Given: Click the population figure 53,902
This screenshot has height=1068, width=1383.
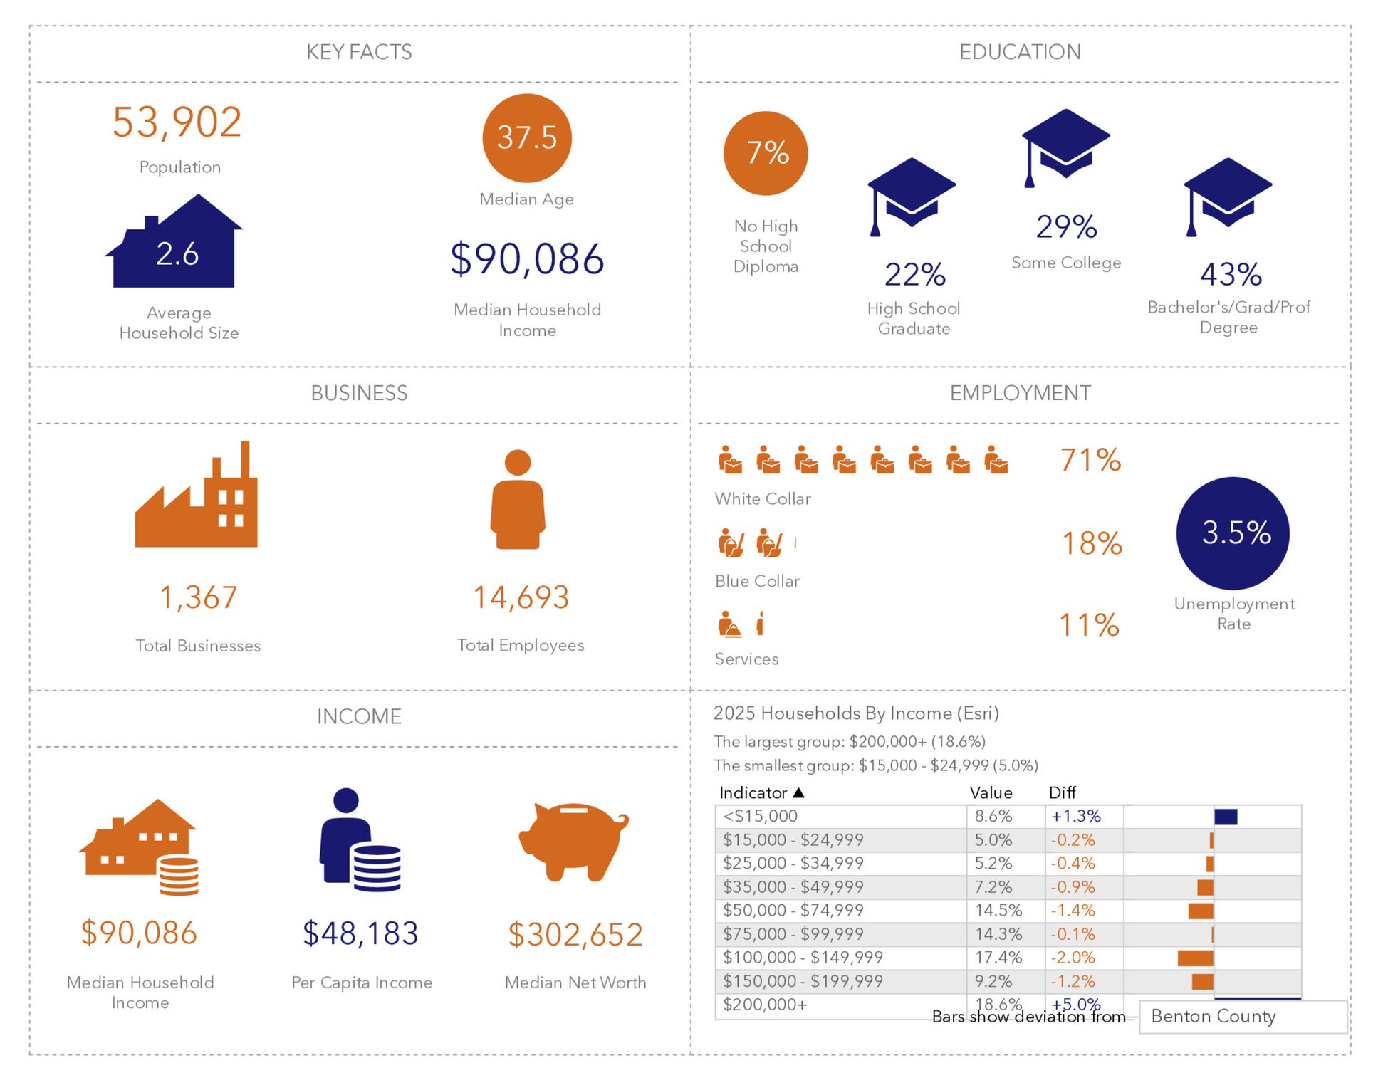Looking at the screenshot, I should pyautogui.click(x=177, y=122).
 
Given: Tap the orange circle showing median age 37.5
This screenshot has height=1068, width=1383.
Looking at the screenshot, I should pyautogui.click(x=526, y=138).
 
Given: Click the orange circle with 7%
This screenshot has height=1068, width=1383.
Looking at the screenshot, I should pyautogui.click(x=766, y=153).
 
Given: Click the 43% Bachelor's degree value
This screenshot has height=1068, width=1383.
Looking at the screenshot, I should pyautogui.click(x=1231, y=275).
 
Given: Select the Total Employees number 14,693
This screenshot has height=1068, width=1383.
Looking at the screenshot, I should pyautogui.click(x=521, y=597).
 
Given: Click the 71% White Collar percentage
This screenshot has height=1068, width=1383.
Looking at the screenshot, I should pyautogui.click(x=1090, y=461).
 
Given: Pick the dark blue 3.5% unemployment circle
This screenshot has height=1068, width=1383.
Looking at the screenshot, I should pyautogui.click(x=1233, y=533).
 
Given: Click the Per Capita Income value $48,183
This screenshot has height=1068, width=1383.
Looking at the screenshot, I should pyautogui.click(x=360, y=933).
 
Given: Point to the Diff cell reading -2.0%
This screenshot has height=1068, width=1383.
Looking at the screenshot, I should pyautogui.click(x=1073, y=958).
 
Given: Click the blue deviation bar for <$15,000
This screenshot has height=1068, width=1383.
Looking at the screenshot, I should pyautogui.click(x=1226, y=817).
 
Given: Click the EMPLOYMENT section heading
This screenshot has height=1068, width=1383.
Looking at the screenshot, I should pyautogui.click(x=1020, y=393).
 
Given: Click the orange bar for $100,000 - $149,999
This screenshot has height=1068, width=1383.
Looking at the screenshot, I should pyautogui.click(x=1195, y=958).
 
